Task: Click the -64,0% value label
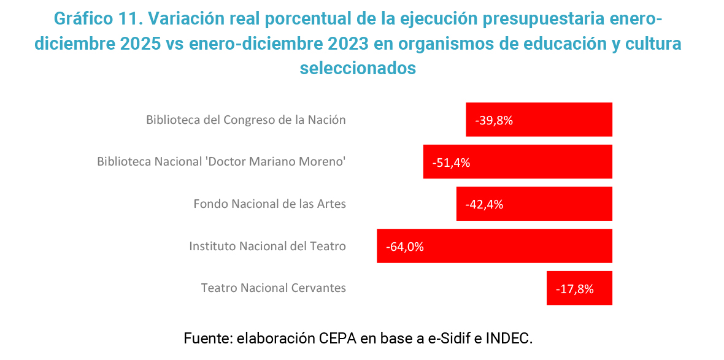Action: pyautogui.click(x=405, y=247)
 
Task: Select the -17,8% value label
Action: pyautogui.click(x=575, y=288)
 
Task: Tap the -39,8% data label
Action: pyautogui.click(x=494, y=120)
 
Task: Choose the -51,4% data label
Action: pyautogui.click(x=451, y=163)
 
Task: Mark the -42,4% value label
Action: pyautogui.click(x=484, y=204)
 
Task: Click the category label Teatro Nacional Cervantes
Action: pyautogui.click(x=274, y=288)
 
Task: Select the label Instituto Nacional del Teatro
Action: pyautogui.click(x=268, y=246)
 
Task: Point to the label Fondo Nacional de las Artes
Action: pyautogui.click(x=270, y=204)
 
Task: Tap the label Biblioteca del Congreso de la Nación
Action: pyautogui.click(x=246, y=120)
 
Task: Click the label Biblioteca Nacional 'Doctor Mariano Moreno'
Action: pyautogui.click(x=221, y=162)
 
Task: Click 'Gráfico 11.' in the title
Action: pyautogui.click(x=98, y=18)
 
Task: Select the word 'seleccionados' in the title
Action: pyautogui.click(x=358, y=68)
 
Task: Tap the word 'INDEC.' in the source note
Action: pyautogui.click(x=509, y=338)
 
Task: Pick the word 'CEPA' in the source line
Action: pyautogui.click(x=337, y=338)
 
